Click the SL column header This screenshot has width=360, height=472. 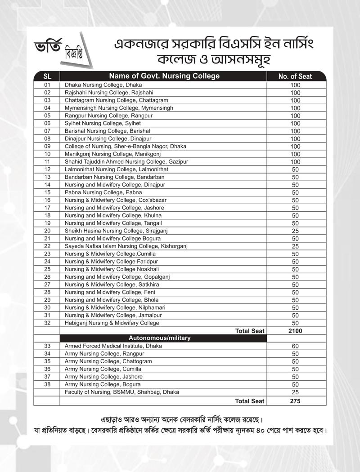click(47, 76)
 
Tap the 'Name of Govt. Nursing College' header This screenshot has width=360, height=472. click(164, 76)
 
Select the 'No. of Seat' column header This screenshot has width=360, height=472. click(295, 76)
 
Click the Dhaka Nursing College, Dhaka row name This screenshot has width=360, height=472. click(103, 85)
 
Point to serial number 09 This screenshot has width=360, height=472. click(47, 147)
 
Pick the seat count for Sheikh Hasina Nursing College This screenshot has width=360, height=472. click(295, 231)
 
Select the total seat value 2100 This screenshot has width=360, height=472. click(295, 331)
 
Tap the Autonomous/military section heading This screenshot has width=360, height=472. click(159, 338)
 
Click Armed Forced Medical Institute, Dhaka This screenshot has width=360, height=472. click(113, 346)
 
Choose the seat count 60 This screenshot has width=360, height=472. click(295, 346)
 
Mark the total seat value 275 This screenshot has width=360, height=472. click(295, 401)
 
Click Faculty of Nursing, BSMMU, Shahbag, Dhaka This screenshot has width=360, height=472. click(121, 392)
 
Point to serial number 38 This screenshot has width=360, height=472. click(47, 384)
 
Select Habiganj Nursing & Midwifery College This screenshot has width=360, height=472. click(112, 323)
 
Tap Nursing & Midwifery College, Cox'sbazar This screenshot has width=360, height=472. click(115, 200)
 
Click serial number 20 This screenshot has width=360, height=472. click(47, 231)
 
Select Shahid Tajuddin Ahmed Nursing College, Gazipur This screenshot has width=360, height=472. click(126, 162)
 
